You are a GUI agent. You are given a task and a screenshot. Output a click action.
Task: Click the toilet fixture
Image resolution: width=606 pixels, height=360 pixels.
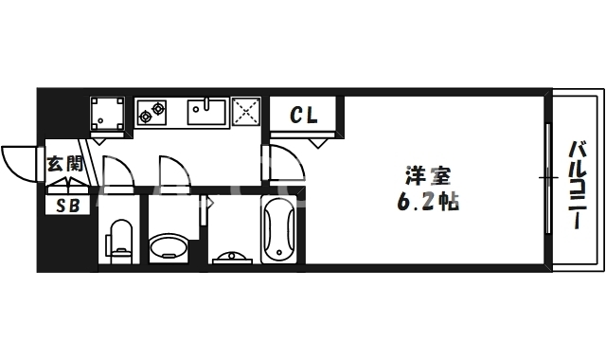120,239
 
